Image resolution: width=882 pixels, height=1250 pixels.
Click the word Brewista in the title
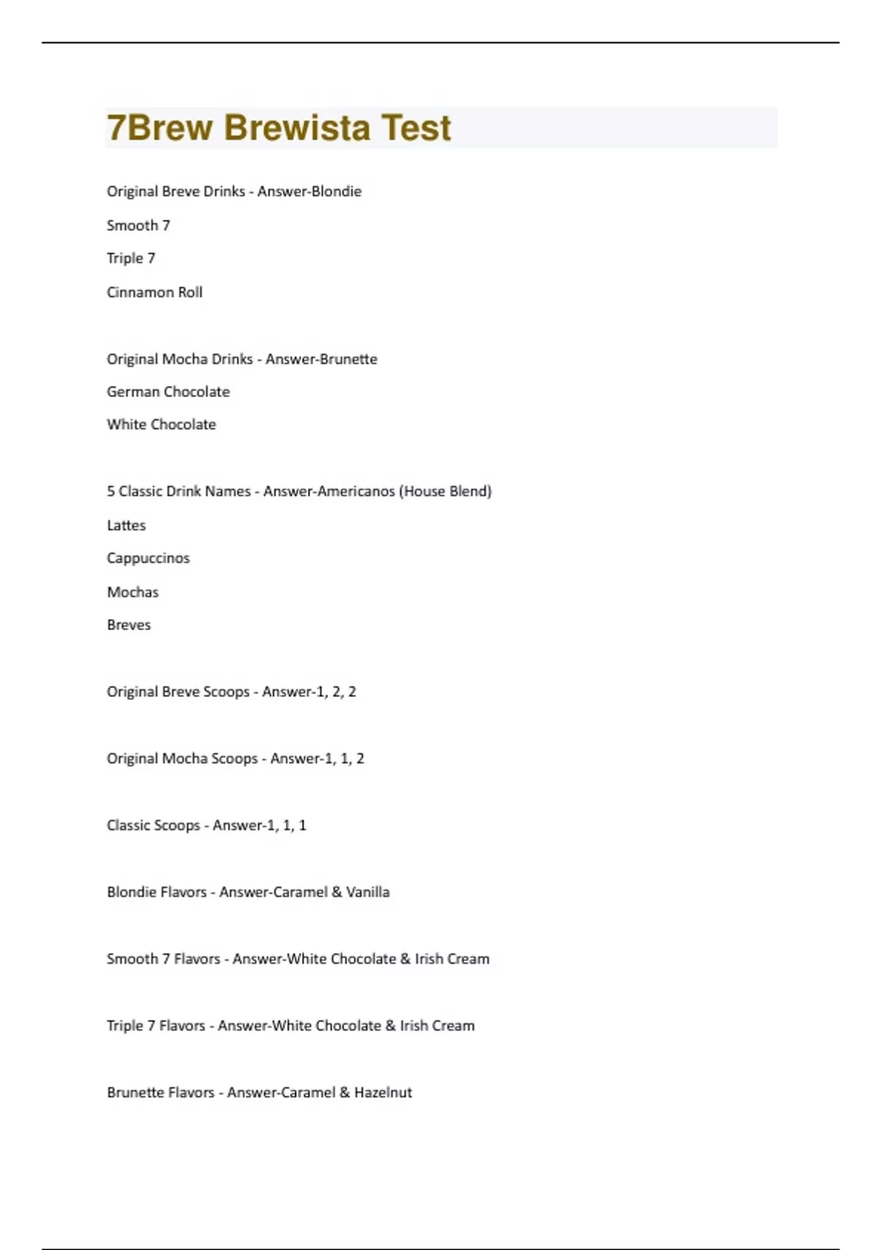[x=296, y=128]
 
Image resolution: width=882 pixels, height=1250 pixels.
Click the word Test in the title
[x=416, y=128]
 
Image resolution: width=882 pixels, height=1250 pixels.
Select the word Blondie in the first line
[x=337, y=191]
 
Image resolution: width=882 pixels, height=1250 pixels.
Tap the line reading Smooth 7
[x=138, y=225]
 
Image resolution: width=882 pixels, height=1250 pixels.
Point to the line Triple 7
[x=131, y=258]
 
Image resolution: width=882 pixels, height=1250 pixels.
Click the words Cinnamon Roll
[x=154, y=292]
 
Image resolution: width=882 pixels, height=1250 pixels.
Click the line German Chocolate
[x=168, y=391]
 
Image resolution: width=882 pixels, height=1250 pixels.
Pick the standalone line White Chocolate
[x=162, y=424]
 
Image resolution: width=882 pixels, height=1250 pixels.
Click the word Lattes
[x=126, y=525]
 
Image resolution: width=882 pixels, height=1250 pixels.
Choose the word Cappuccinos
[x=148, y=558]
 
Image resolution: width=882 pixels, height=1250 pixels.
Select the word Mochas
[x=133, y=592]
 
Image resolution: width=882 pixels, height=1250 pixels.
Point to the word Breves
[x=129, y=625]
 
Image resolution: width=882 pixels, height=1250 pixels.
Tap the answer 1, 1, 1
[x=285, y=825]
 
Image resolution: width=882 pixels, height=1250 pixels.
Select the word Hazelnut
[x=383, y=1093]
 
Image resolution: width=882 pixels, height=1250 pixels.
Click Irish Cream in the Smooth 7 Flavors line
[x=452, y=959]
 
